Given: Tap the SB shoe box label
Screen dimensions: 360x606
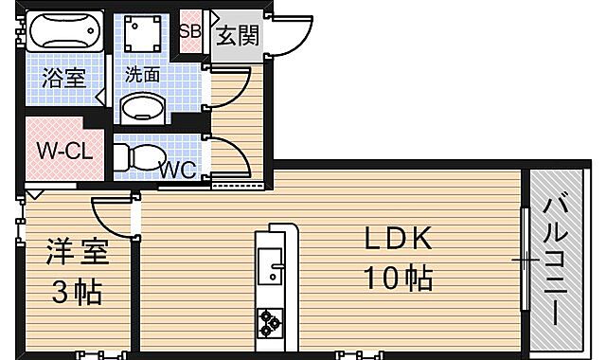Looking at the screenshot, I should click(x=189, y=30).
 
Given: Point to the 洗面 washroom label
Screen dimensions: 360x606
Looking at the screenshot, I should click(x=142, y=73).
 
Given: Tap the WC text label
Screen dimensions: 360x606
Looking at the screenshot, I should click(x=177, y=171).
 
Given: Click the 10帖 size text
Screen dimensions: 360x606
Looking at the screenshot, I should click(x=399, y=277).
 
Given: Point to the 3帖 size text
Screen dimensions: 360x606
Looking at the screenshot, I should click(x=77, y=291).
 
